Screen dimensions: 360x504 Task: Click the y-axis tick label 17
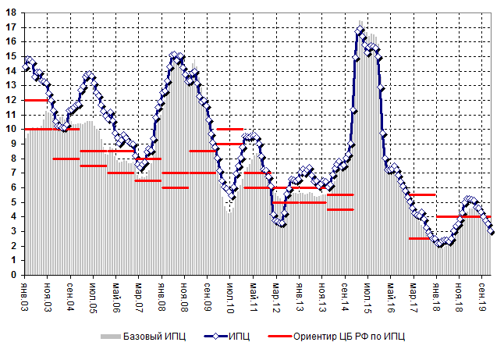pos(13,27)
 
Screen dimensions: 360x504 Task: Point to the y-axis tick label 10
pos(13,129)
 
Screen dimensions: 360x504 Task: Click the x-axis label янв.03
pos(25,294)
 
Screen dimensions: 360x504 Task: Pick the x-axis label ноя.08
pos(185,294)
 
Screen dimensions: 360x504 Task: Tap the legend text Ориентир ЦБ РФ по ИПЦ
pos(349,336)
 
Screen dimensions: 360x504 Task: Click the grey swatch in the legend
pos(111,336)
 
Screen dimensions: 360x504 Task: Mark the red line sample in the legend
pos(278,336)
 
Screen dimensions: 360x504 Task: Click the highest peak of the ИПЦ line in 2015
pos(360,30)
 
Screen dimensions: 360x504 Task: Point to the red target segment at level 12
pos(36,100)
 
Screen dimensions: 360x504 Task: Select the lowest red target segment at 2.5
pos(421,238)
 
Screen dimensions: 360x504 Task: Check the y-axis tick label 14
pos(13,70)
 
